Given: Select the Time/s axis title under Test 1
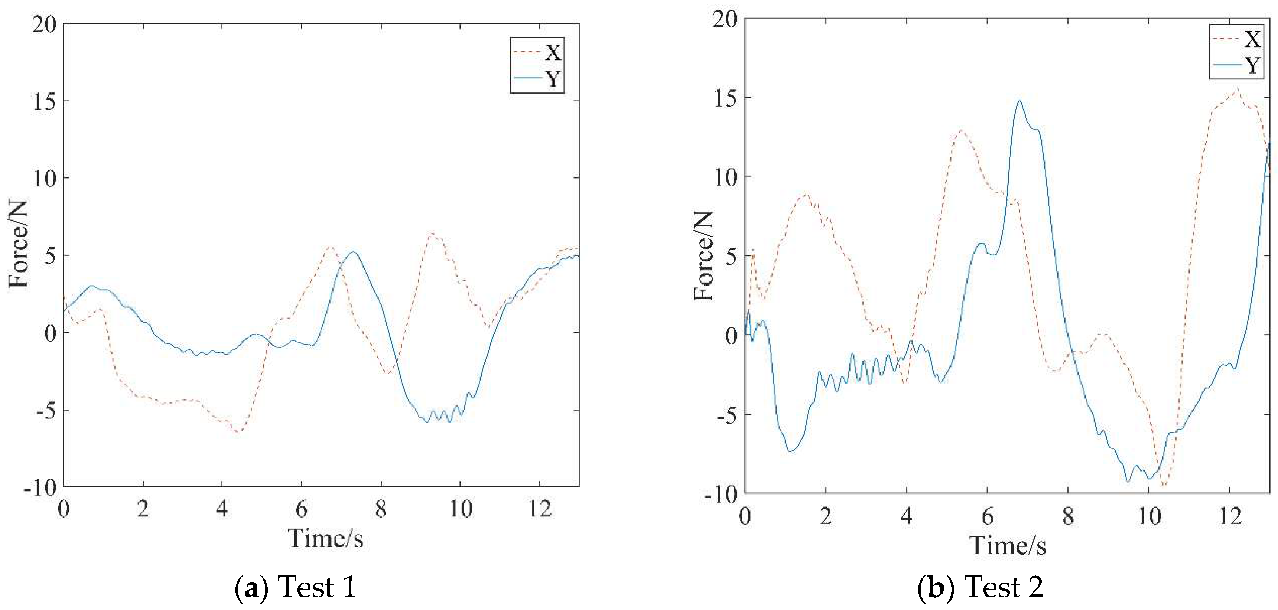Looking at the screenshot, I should (x=326, y=538).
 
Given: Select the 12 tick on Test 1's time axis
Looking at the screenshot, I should (x=539, y=510).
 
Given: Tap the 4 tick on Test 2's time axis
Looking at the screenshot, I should (x=906, y=517).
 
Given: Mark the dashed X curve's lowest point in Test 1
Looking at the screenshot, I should (x=237, y=431).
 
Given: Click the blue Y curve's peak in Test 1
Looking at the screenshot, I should (x=353, y=252).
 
